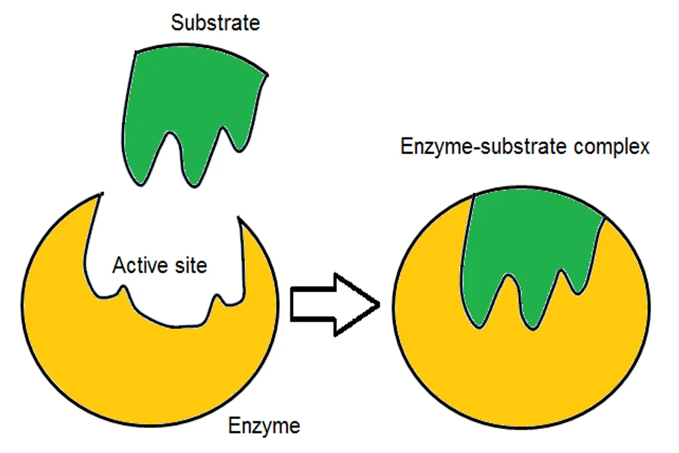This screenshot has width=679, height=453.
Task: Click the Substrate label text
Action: [215, 24]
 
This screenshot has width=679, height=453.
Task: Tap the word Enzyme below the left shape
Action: [263, 426]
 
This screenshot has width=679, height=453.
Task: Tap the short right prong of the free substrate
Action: [238, 142]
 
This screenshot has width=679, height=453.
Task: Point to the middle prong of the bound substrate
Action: [531, 311]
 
